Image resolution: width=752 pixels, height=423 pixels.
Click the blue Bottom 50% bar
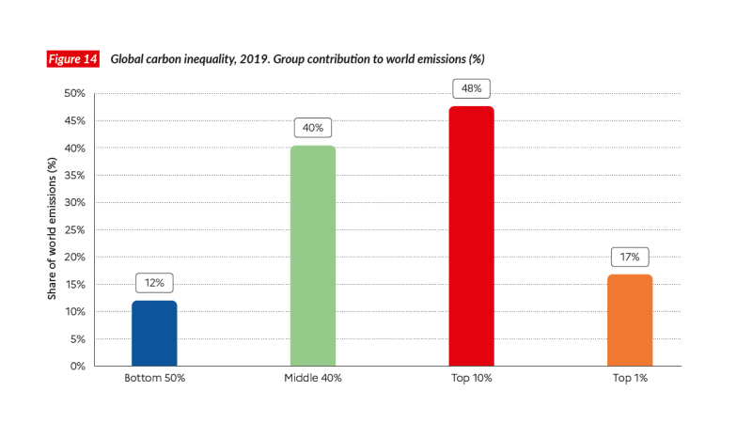154,333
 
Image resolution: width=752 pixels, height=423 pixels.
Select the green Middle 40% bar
313,256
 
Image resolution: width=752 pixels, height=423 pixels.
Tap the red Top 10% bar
471,235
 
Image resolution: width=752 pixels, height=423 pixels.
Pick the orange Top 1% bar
629,320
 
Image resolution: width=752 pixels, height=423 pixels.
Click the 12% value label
154,282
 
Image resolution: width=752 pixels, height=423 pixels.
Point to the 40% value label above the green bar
313,127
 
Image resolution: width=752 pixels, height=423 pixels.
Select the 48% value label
471,88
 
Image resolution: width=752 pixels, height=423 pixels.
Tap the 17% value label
629,256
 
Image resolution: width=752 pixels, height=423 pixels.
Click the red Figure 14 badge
73,59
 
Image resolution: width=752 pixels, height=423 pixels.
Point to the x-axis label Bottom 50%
154,378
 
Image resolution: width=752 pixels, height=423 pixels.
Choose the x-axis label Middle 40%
313,378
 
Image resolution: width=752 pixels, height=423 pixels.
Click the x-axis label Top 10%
471,378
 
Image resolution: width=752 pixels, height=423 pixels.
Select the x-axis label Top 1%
629,378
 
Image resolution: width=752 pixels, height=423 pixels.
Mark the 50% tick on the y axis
74,94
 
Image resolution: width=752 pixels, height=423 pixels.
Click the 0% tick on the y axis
78,366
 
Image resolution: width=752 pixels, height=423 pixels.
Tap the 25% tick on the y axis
74,229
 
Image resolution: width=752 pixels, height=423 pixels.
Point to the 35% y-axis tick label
74,176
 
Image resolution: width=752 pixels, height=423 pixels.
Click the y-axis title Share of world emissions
54,229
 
